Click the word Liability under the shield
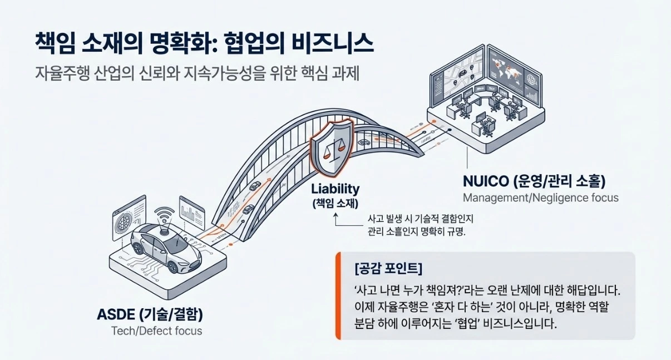pos(335,189)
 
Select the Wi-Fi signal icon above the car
pos(165,214)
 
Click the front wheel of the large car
pos(173,266)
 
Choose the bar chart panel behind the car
pos(190,210)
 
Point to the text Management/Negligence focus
pos(540,198)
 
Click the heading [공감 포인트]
pos(388,270)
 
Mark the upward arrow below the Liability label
pos(336,220)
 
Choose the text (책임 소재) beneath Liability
pos(335,203)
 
